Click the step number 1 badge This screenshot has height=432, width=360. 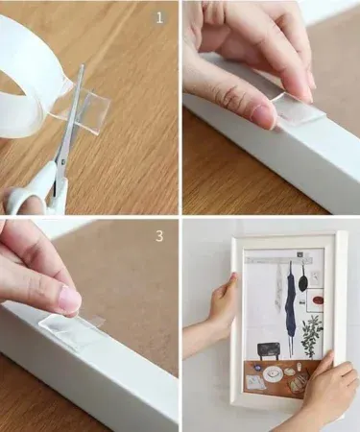[x=159, y=18]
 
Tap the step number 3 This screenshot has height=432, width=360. [x=159, y=236]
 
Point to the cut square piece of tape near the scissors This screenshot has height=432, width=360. [x=97, y=104]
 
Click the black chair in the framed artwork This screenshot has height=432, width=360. [x=269, y=351]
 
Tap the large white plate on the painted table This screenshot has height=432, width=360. [x=273, y=372]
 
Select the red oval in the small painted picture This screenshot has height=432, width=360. [x=318, y=300]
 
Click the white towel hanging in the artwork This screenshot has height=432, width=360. [x=279, y=286]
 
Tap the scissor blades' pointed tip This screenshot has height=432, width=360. [x=83, y=65]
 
